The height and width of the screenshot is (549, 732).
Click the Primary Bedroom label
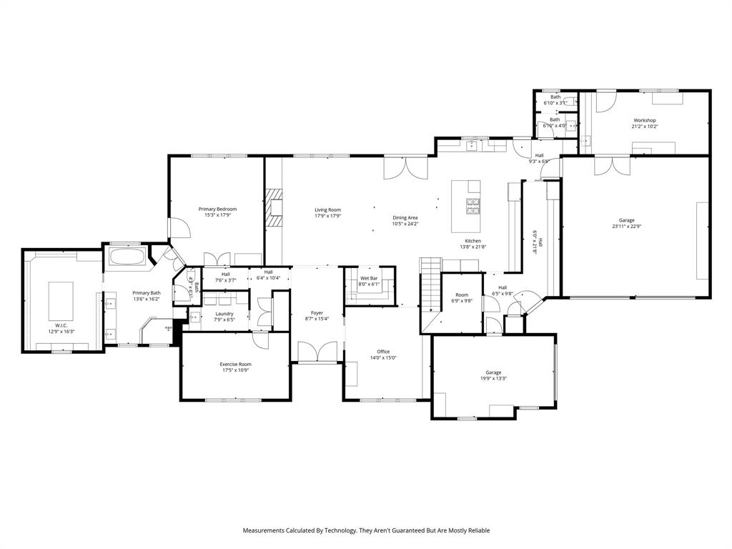tap(217, 209)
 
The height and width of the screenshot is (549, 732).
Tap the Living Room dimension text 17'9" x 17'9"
tap(328, 216)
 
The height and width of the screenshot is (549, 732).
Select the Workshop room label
tap(644, 120)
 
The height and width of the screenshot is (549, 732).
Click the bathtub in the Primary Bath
tap(128, 257)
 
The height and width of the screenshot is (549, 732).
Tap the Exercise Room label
tap(235, 365)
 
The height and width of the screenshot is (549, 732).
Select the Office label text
tap(383, 352)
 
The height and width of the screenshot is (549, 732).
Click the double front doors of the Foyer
tap(317, 352)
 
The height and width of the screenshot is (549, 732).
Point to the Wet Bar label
tap(369, 277)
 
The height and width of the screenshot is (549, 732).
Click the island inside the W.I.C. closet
tap(61, 299)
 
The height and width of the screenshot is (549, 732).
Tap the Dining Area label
tap(405, 217)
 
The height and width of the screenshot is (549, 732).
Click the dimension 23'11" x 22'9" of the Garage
tap(626, 227)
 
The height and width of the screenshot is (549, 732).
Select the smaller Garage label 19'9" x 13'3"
tap(493, 379)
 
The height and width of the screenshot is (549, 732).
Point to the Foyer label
tap(317, 312)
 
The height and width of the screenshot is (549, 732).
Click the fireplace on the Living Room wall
tap(274, 208)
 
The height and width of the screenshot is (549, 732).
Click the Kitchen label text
tap(473, 241)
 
